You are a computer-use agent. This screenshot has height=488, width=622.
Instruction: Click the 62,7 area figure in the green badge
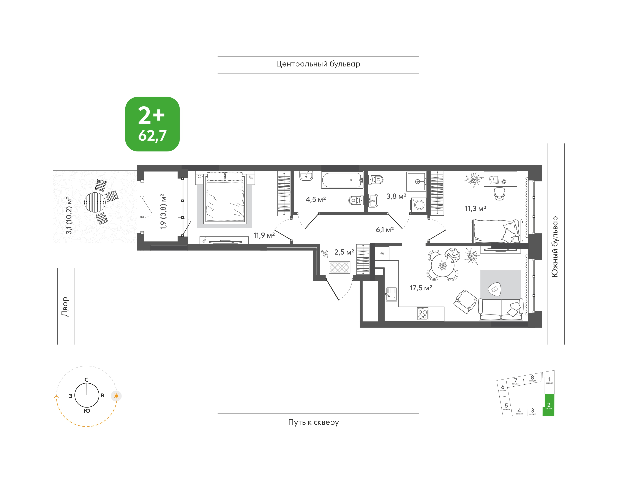[152, 136]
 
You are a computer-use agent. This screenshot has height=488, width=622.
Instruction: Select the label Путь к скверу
[313, 422]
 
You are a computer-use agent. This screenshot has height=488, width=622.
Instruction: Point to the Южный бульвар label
[555, 247]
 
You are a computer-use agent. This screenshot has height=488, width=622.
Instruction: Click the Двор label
[65, 307]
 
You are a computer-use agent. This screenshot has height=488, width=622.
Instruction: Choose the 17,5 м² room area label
[421, 288]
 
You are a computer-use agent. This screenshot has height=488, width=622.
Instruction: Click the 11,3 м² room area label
[475, 209]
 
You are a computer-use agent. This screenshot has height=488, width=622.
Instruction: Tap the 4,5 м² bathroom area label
[316, 199]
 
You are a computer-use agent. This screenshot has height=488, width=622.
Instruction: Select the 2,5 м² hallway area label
[344, 252]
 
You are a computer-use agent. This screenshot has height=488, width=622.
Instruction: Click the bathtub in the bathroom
[342, 180]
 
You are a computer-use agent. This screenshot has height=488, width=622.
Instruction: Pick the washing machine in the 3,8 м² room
[419, 205]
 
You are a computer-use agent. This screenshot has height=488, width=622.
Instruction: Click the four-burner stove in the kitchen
[423, 313]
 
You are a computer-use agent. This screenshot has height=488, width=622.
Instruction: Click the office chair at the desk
[499, 194]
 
